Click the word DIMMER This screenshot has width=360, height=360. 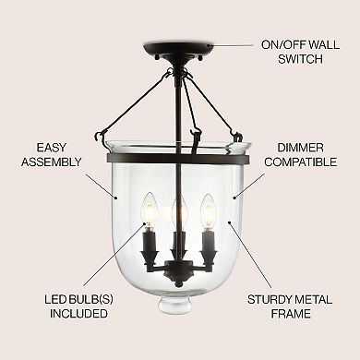coord(294,147)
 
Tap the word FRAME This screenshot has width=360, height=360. coord(289,315)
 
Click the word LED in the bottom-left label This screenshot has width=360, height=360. coord(52,299)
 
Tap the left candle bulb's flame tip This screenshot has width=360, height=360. coord(146,198)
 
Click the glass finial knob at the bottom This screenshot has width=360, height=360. coord(177,330)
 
